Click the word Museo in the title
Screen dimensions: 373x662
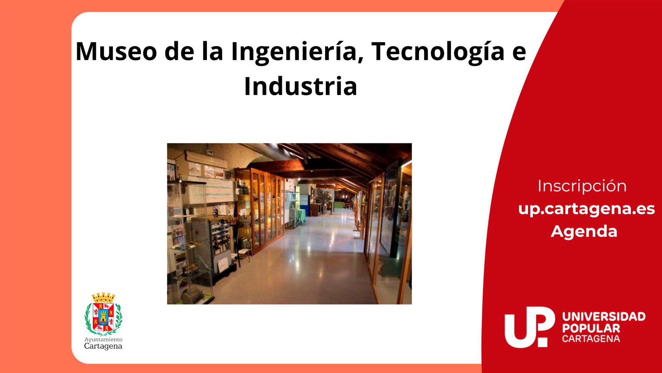[x=116, y=52]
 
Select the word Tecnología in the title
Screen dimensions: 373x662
[x=438, y=52]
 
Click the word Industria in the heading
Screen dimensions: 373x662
[x=300, y=86]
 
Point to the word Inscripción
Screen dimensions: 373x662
[x=582, y=186]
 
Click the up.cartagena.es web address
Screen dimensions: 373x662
[x=586, y=209]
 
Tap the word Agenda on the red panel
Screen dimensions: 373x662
[x=584, y=231]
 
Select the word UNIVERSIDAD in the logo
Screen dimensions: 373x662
[x=604, y=316]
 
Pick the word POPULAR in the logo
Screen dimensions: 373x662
[x=591, y=328]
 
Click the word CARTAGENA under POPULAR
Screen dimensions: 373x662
[x=591, y=339]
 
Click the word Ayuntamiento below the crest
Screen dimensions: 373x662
[x=103, y=339]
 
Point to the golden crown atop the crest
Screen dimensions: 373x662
[x=103, y=297]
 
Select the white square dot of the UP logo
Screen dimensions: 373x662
[x=542, y=342]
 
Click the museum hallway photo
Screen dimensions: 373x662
[x=289, y=224]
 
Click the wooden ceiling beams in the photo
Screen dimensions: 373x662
[x=338, y=155]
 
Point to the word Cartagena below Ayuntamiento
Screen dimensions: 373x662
[x=103, y=346]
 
